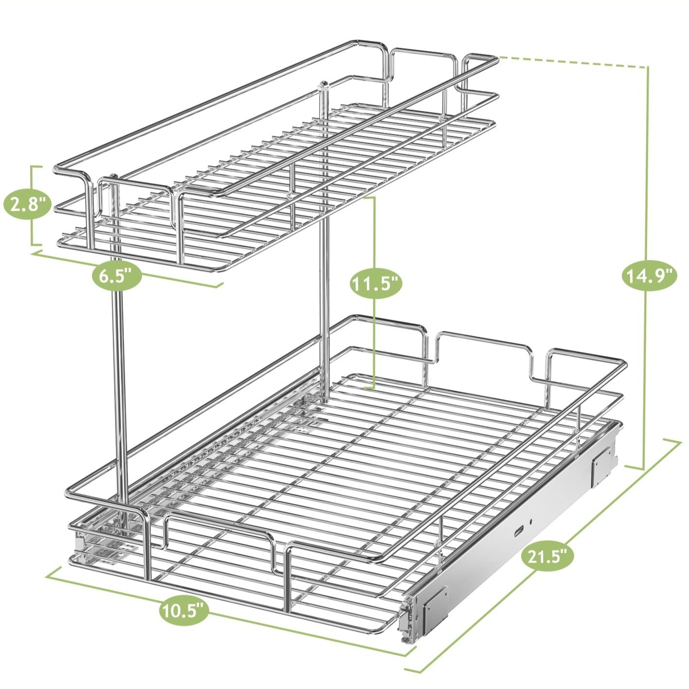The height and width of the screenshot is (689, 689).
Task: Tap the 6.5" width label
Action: pyautogui.click(x=117, y=277)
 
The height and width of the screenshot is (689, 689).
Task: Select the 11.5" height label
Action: pyautogui.click(x=376, y=284)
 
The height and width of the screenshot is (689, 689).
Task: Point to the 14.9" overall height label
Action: pyautogui.click(x=649, y=276)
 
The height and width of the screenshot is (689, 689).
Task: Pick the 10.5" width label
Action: pyautogui.click(x=184, y=610)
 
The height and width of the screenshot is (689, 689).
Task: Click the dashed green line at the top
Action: pyautogui.click(x=574, y=61)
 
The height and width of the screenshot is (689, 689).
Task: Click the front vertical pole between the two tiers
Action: pyautogui.click(x=120, y=389)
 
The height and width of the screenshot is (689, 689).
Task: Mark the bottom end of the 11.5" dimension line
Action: pyautogui.click(x=370, y=388)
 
